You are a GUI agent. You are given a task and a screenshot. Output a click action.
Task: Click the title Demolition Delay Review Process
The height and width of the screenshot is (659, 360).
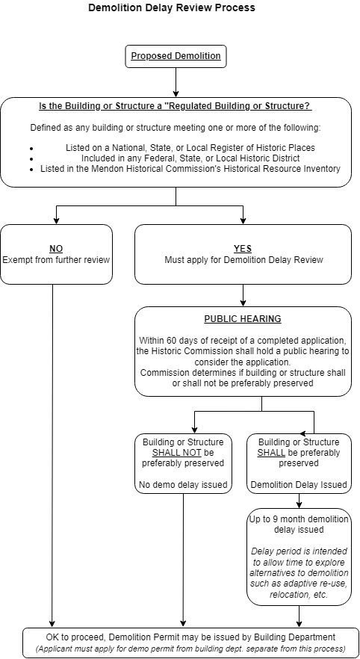coord(171,8)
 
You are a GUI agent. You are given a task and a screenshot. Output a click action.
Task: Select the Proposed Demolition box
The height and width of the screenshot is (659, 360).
coord(176,56)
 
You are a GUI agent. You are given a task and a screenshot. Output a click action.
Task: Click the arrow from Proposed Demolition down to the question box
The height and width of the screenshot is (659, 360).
coord(176,81)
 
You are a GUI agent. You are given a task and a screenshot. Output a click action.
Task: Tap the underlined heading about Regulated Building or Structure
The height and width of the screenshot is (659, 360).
coord(175,106)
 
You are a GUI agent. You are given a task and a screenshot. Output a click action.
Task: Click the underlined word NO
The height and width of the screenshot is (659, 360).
coord(56,249)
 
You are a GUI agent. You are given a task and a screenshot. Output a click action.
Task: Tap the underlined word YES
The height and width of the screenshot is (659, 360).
coord(243,249)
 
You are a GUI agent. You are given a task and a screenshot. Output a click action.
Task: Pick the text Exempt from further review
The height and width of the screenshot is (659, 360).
coord(56,260)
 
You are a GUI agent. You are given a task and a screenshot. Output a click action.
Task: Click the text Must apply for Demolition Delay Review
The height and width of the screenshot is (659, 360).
coord(243,260)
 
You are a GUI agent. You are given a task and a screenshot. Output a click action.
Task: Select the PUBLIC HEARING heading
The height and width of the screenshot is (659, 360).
coord(243,319)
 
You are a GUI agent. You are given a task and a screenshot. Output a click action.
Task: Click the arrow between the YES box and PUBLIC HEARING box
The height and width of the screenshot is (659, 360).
coord(243,295)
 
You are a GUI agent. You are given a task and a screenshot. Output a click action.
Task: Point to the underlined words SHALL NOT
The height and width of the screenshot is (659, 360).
coord(172,453)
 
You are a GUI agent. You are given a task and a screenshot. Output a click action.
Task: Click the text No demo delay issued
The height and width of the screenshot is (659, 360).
coord(183,485)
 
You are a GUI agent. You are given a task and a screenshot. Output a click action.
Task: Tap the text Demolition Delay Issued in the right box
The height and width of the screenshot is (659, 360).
coord(299,485)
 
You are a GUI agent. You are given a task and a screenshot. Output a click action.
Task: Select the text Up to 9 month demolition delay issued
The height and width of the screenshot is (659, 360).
coord(299,525)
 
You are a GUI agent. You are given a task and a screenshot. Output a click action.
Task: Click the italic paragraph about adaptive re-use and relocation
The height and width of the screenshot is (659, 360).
coord(299,572)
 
